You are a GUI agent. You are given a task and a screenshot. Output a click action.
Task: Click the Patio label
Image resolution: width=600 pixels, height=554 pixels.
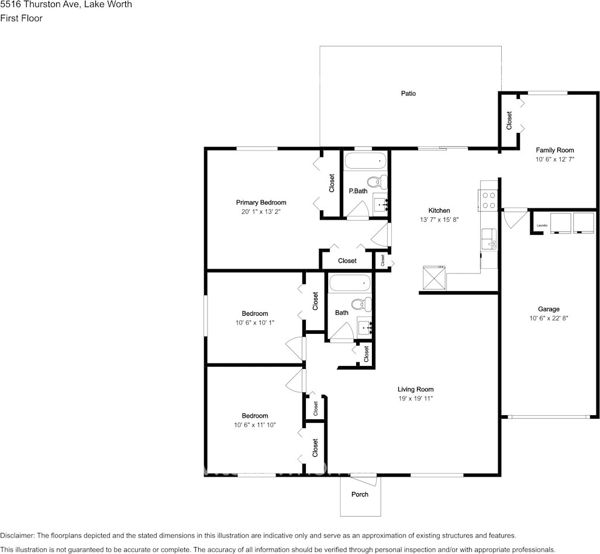408,94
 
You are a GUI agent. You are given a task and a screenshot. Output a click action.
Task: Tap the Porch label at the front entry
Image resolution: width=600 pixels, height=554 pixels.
360,495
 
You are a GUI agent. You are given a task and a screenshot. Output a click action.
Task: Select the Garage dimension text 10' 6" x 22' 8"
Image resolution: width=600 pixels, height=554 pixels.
549,318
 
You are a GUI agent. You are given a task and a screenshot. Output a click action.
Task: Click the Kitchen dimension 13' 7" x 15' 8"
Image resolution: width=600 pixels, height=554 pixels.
439,220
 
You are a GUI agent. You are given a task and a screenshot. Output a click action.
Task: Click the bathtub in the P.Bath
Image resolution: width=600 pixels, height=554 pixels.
366,161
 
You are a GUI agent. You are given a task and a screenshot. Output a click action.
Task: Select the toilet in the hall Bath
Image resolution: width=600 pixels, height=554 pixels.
361,304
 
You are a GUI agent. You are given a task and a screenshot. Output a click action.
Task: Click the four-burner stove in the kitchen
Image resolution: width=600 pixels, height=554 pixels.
489,200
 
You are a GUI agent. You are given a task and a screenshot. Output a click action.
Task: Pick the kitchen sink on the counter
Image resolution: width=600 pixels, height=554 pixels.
489,239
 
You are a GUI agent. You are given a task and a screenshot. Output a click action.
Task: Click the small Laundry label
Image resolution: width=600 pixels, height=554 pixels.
542,225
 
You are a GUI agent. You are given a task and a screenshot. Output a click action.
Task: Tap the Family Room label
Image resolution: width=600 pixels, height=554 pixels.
555,150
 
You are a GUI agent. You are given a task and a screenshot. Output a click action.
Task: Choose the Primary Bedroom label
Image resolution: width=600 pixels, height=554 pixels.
261,202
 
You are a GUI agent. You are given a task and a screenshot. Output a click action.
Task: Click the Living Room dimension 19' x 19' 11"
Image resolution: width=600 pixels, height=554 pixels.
416,398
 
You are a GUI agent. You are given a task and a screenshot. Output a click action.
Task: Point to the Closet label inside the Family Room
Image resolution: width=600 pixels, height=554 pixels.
509,120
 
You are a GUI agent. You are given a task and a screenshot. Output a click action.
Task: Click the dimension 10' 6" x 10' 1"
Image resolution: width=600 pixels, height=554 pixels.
255,323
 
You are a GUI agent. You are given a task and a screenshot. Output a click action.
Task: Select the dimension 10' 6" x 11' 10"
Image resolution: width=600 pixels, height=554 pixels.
255,425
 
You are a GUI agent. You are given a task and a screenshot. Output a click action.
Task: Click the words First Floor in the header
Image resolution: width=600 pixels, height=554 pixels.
22,18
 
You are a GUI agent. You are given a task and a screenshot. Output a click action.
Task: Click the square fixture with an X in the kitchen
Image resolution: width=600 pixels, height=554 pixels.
435,278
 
